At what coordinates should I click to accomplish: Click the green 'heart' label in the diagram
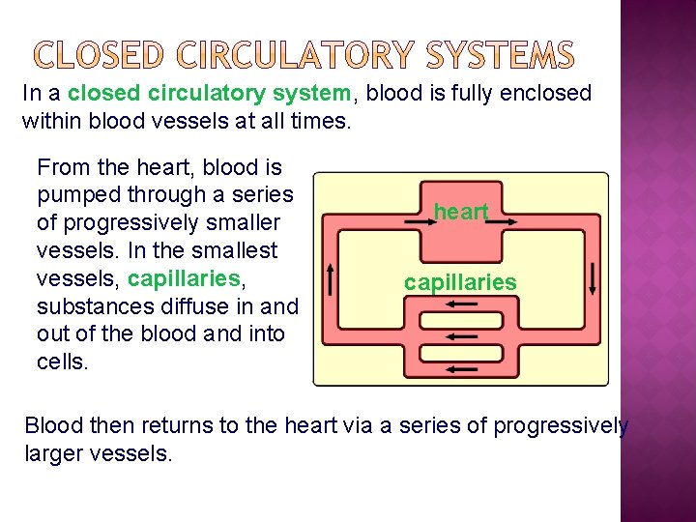tap(460, 212)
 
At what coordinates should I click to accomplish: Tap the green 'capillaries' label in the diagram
tap(460, 283)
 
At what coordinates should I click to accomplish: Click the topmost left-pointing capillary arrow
tap(462, 304)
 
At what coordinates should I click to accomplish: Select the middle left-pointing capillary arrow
tap(462, 334)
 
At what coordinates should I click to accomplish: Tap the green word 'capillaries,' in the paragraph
tap(185, 278)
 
